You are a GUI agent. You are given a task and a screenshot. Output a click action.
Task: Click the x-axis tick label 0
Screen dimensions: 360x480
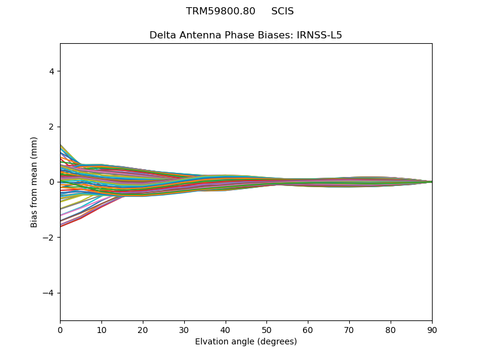(x=60, y=329)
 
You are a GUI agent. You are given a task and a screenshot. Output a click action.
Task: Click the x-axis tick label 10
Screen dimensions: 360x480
(x=101, y=329)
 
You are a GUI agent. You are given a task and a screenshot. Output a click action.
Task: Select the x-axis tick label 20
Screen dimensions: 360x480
(x=143, y=329)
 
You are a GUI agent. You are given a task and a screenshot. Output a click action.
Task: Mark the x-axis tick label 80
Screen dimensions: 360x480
(x=391, y=329)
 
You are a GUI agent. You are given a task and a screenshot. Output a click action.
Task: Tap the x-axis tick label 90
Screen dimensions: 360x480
(x=432, y=329)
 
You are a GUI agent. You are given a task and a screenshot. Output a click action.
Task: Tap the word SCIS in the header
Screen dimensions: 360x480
(x=283, y=11)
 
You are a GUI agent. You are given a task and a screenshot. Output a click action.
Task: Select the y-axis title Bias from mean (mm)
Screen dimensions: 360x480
(x=35, y=182)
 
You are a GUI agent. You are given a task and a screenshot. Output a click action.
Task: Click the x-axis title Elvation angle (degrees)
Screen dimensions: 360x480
(x=246, y=341)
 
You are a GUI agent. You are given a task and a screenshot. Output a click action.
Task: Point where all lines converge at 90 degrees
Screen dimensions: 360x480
(x=431, y=182)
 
